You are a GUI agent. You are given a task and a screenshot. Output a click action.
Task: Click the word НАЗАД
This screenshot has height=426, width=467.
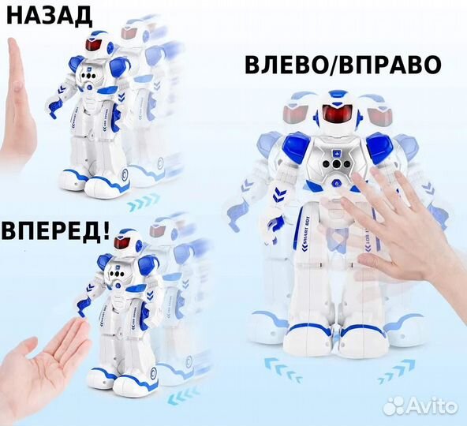point(47,15)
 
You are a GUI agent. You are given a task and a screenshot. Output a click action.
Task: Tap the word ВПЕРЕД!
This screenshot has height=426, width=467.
point(54,236)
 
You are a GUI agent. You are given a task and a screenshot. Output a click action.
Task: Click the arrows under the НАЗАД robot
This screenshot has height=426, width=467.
point(145,197)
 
